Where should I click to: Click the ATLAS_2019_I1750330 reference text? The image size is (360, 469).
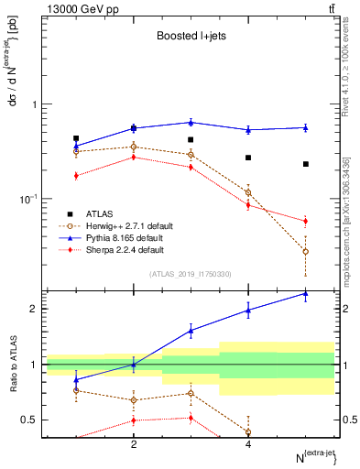(x=190, y=273)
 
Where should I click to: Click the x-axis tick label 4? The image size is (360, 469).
(x=248, y=443)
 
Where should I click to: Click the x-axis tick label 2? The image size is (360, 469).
(x=134, y=443)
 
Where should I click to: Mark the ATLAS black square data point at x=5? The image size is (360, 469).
(x=306, y=164)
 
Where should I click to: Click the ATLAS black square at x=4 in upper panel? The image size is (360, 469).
(x=248, y=158)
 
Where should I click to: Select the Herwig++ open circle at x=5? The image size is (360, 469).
(x=306, y=251)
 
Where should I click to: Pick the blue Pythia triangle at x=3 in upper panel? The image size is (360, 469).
(x=191, y=122)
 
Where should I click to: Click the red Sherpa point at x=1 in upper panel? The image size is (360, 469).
(x=76, y=176)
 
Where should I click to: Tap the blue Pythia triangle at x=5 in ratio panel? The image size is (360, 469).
(x=306, y=293)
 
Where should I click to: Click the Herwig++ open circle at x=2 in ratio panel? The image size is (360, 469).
(x=134, y=399)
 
